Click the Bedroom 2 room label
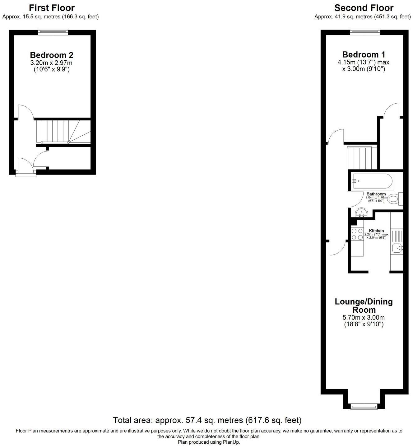pos(52,55)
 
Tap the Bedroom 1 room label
pos(364,54)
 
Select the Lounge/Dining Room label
pos(364,306)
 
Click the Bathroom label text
pos(376,194)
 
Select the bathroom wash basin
pos(361,213)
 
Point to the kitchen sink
pos(397,248)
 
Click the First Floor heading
pos(52,8)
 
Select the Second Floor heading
pos(364,8)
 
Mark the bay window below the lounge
pos(364,406)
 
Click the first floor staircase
pos(62,131)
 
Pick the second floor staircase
pos(362,158)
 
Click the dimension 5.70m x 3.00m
pos(364,318)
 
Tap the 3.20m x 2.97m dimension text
pos(52,63)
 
